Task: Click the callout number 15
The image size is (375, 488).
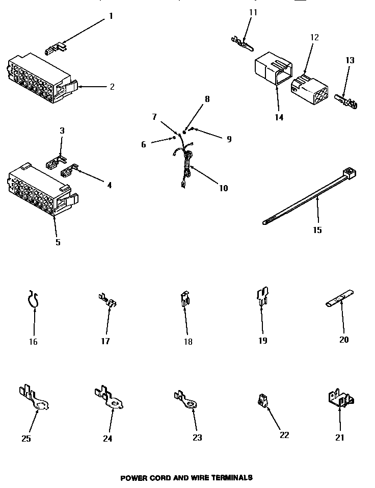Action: (x=317, y=230)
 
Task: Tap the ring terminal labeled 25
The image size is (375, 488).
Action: (x=36, y=398)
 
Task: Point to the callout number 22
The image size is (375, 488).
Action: (x=284, y=434)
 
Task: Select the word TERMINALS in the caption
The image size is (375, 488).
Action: (x=226, y=478)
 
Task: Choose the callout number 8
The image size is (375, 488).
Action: (x=207, y=99)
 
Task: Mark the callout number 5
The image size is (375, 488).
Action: (x=58, y=242)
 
